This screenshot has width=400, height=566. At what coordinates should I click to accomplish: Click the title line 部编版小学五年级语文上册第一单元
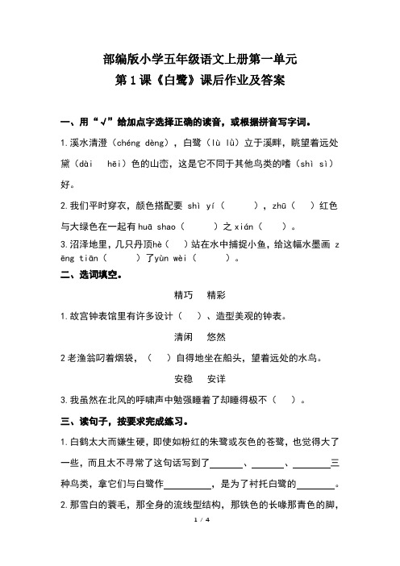201,59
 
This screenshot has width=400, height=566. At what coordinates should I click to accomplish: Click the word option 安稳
184,400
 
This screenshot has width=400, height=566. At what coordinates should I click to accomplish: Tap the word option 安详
217,400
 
